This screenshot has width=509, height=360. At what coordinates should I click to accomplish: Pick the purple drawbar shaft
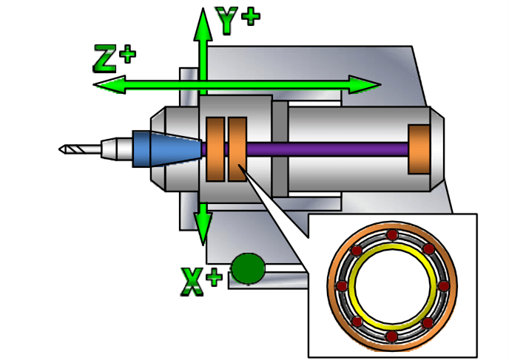pos(326,149)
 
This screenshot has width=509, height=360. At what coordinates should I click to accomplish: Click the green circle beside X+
pos(248,268)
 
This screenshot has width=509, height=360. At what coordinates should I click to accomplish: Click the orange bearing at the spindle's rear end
pos(419,149)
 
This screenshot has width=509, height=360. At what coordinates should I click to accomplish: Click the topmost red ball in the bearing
pos(392,235)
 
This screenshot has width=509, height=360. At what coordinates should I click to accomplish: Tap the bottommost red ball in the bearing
pos(392,336)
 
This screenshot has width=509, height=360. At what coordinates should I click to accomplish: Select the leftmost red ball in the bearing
pos(342,285)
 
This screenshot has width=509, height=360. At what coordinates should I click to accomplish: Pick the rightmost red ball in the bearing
pos(443,285)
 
